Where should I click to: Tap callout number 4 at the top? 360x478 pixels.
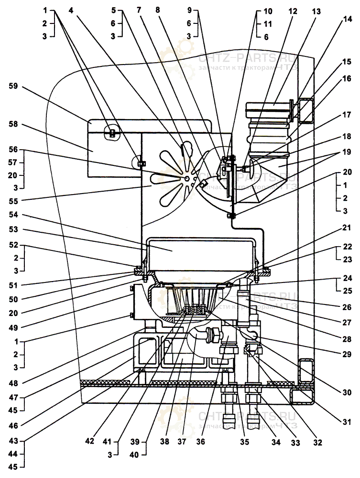point(71,11)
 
